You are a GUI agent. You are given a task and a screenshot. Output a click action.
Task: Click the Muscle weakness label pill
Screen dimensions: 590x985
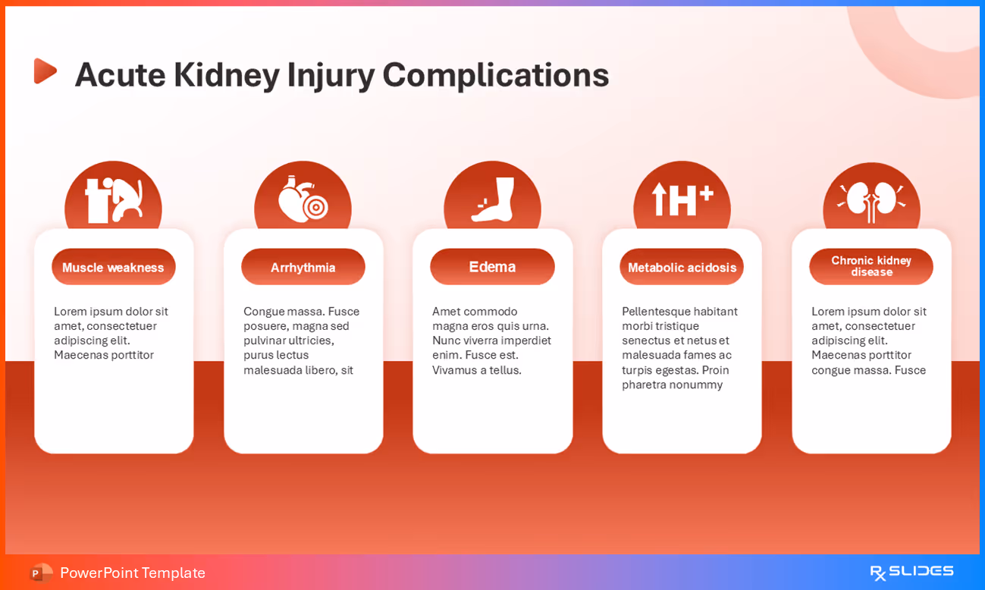tap(113, 267)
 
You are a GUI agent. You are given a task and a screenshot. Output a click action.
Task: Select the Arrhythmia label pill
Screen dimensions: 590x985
tap(303, 267)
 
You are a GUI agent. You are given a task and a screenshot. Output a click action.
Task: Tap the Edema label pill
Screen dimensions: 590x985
tap(492, 267)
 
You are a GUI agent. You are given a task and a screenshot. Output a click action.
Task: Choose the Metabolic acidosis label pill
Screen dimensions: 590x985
tap(682, 267)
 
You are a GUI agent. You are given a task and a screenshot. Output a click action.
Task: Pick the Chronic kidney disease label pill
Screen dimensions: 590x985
tap(871, 266)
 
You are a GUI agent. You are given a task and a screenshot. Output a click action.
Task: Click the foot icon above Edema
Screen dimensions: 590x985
tap(494, 199)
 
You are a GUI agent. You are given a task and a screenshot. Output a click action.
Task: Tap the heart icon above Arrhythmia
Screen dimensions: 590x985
tap(303, 199)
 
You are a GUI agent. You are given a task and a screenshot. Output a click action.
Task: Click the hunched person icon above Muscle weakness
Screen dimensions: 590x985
tap(114, 200)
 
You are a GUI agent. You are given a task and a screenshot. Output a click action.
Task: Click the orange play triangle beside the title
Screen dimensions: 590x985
tap(45, 71)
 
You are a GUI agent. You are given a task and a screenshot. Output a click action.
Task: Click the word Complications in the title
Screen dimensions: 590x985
tap(495, 75)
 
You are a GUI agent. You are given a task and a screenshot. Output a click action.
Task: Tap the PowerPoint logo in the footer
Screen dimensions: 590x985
tap(41, 573)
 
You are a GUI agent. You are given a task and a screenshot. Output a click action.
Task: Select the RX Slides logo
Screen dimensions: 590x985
tap(911, 572)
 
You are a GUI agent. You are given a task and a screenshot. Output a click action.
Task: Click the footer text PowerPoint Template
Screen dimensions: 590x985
tap(133, 573)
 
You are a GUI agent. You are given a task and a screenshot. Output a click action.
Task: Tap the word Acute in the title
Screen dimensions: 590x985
tap(119, 75)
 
